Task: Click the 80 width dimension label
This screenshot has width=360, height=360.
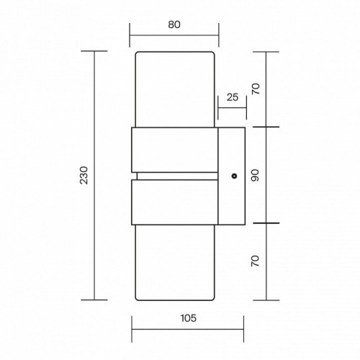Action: tap(174, 24)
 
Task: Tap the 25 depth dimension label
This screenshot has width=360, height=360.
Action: tap(232, 96)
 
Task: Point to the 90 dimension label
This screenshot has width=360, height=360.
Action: tap(254, 175)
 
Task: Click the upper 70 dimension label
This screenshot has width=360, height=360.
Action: tap(254, 89)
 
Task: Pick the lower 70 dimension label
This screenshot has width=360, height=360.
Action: tap(254, 261)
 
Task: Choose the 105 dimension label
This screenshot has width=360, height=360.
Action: tap(188, 318)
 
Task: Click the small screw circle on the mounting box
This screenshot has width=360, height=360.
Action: tap(233, 175)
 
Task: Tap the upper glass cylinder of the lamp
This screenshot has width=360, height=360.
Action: tap(174, 90)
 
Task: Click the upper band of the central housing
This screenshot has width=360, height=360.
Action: tap(174, 150)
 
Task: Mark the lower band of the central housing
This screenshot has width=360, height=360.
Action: tap(174, 202)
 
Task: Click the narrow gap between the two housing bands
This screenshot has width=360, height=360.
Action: tap(174, 176)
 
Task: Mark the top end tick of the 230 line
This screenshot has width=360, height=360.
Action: tap(95, 52)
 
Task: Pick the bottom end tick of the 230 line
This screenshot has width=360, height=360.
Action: tap(95, 300)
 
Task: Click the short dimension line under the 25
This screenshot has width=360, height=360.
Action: tap(232, 107)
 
